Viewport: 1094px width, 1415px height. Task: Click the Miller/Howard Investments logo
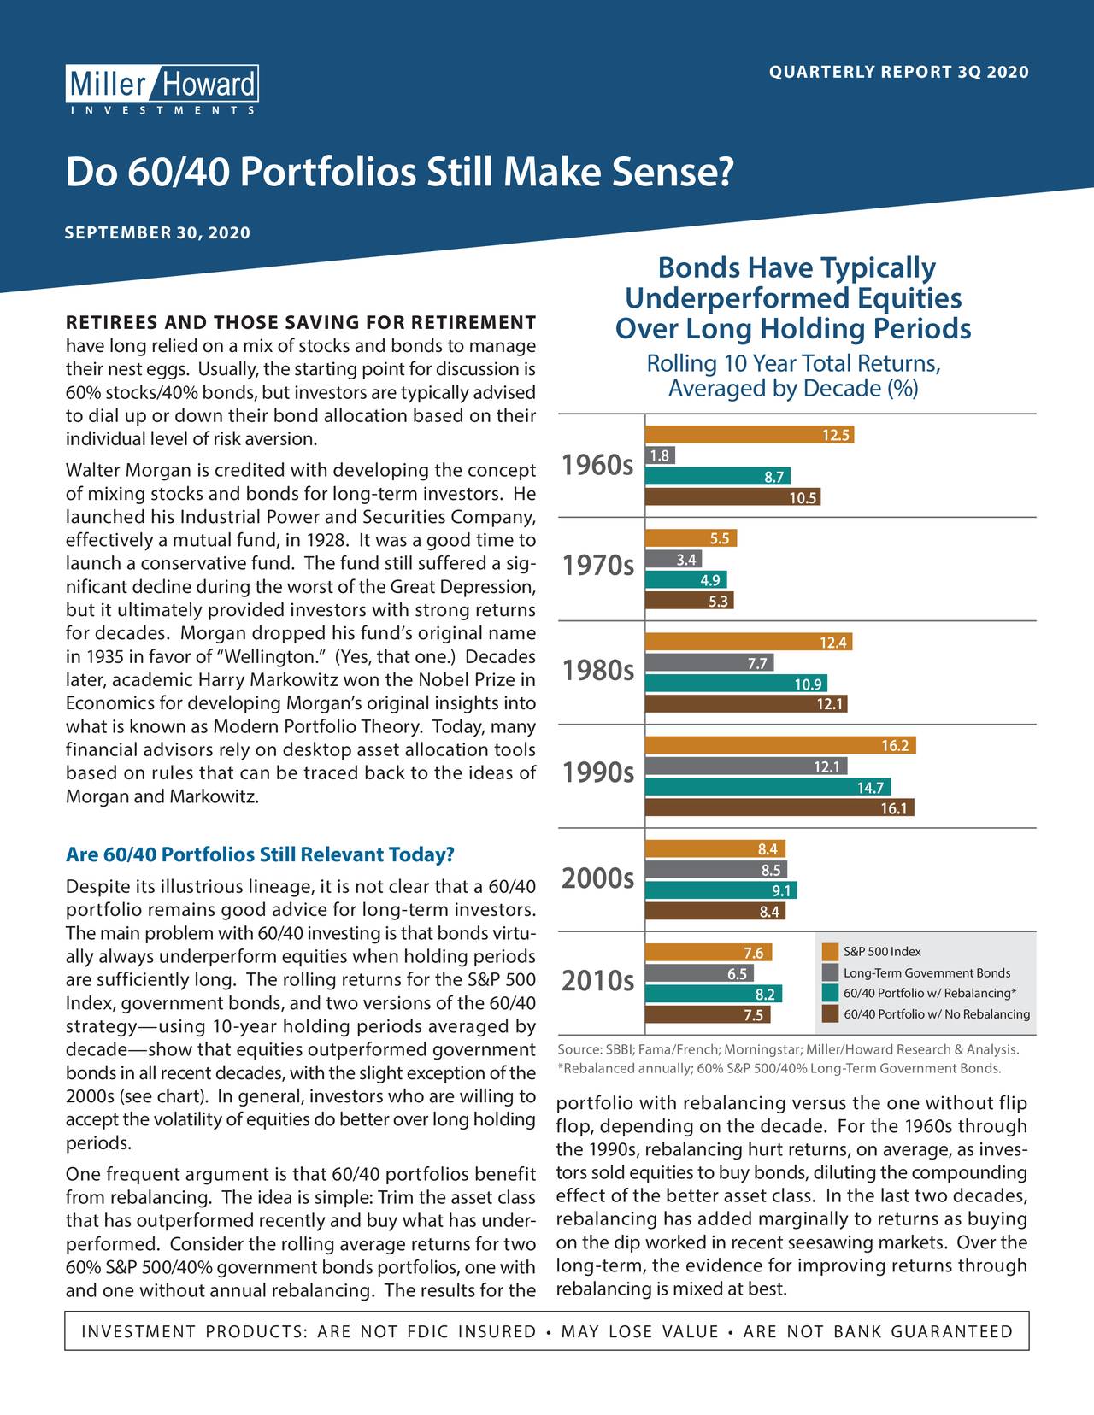coord(162,90)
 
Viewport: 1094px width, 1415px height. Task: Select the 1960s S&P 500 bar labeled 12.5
coord(749,435)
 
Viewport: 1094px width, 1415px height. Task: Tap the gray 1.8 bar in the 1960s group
coord(661,455)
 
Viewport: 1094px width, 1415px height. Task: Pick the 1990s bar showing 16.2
coord(780,746)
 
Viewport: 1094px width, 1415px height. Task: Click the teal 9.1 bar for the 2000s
coord(721,890)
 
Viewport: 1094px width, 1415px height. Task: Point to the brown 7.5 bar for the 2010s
coord(708,1015)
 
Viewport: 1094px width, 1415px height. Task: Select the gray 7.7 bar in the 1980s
coord(709,663)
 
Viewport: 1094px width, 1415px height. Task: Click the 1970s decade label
coord(597,565)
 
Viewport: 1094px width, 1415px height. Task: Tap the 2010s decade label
coord(597,981)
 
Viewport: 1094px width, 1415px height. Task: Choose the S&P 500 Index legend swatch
coord(830,952)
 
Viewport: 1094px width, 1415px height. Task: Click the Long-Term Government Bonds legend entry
coord(916,973)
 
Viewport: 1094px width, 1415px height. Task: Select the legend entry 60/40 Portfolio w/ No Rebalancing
coord(926,1014)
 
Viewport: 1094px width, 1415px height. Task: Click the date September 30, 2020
coord(157,233)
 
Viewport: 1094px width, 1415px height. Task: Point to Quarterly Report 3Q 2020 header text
coord(899,72)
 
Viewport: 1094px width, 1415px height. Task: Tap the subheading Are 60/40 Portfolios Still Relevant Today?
coord(260,854)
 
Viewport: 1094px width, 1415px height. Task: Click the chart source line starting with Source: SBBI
coord(789,1049)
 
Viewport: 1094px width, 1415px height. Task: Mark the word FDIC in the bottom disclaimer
coord(428,1331)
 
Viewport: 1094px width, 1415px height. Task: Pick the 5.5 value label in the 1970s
coord(720,538)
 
